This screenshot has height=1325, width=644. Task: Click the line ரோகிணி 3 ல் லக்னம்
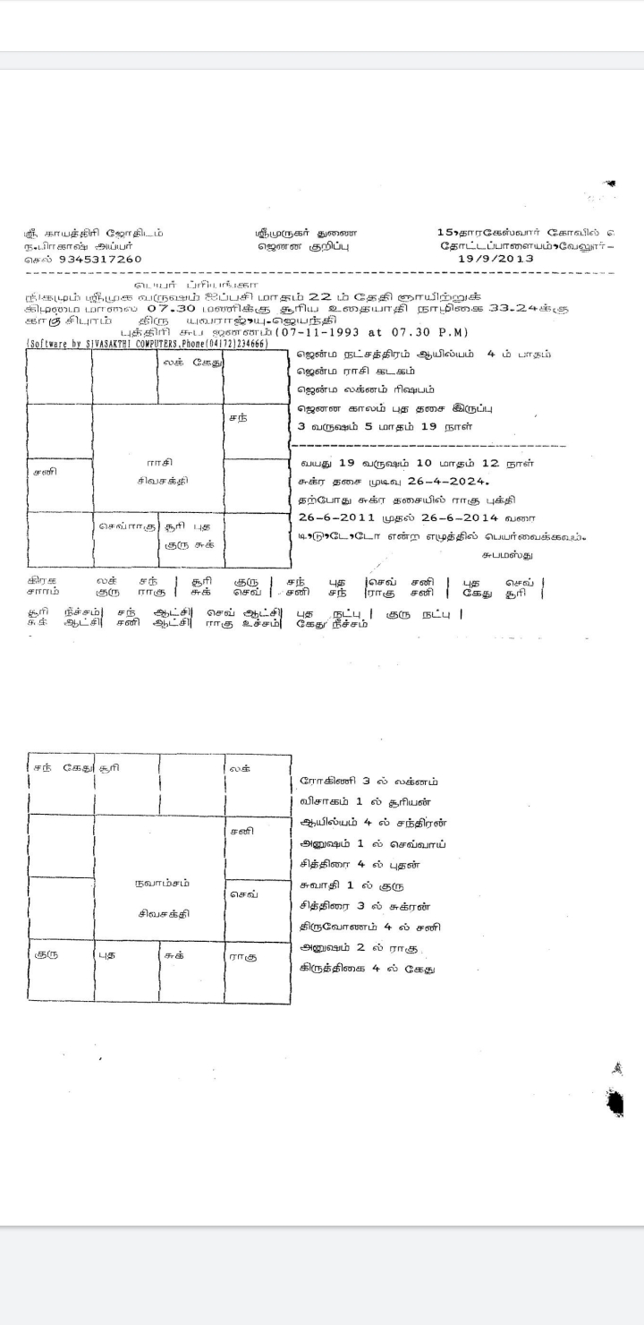point(369,782)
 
